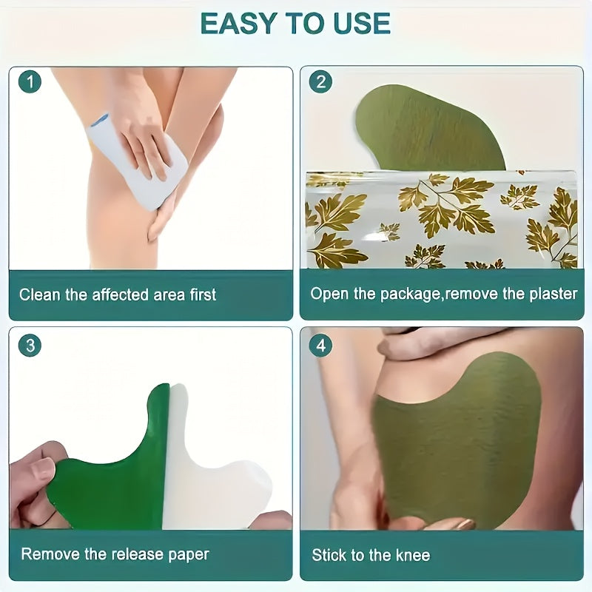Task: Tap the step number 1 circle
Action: click(30, 81)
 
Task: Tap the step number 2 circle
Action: click(320, 81)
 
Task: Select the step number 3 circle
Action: click(30, 345)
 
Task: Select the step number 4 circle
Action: click(320, 345)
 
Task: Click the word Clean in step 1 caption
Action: click(39, 295)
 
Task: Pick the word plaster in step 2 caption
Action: click(551, 294)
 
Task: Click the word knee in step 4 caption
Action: click(413, 555)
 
